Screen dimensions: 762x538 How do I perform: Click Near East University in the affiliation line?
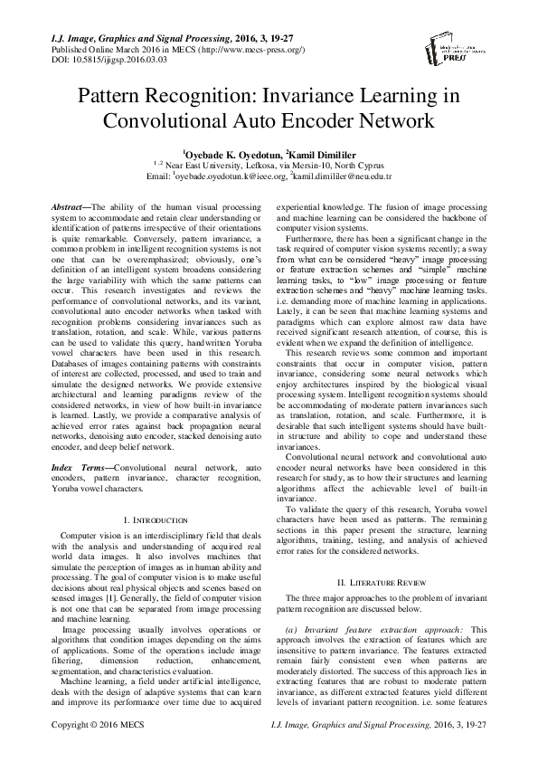[x=209, y=167]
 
